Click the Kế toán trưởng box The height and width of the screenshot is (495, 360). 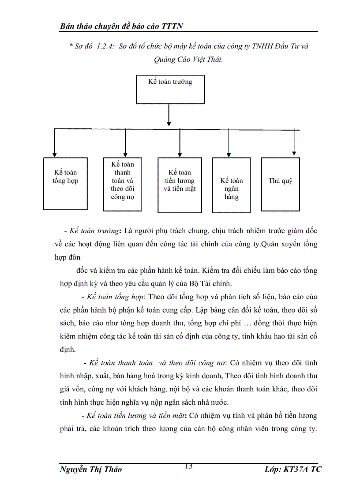[x=170, y=89]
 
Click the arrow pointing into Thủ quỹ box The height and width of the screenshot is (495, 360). [x=295, y=143]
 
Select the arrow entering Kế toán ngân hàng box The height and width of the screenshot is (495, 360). [x=228, y=143]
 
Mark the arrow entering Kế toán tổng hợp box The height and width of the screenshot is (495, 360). [x=54, y=143]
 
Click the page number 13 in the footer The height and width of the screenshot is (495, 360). [x=189, y=466]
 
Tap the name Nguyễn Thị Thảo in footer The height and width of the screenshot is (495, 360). [x=90, y=469]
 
